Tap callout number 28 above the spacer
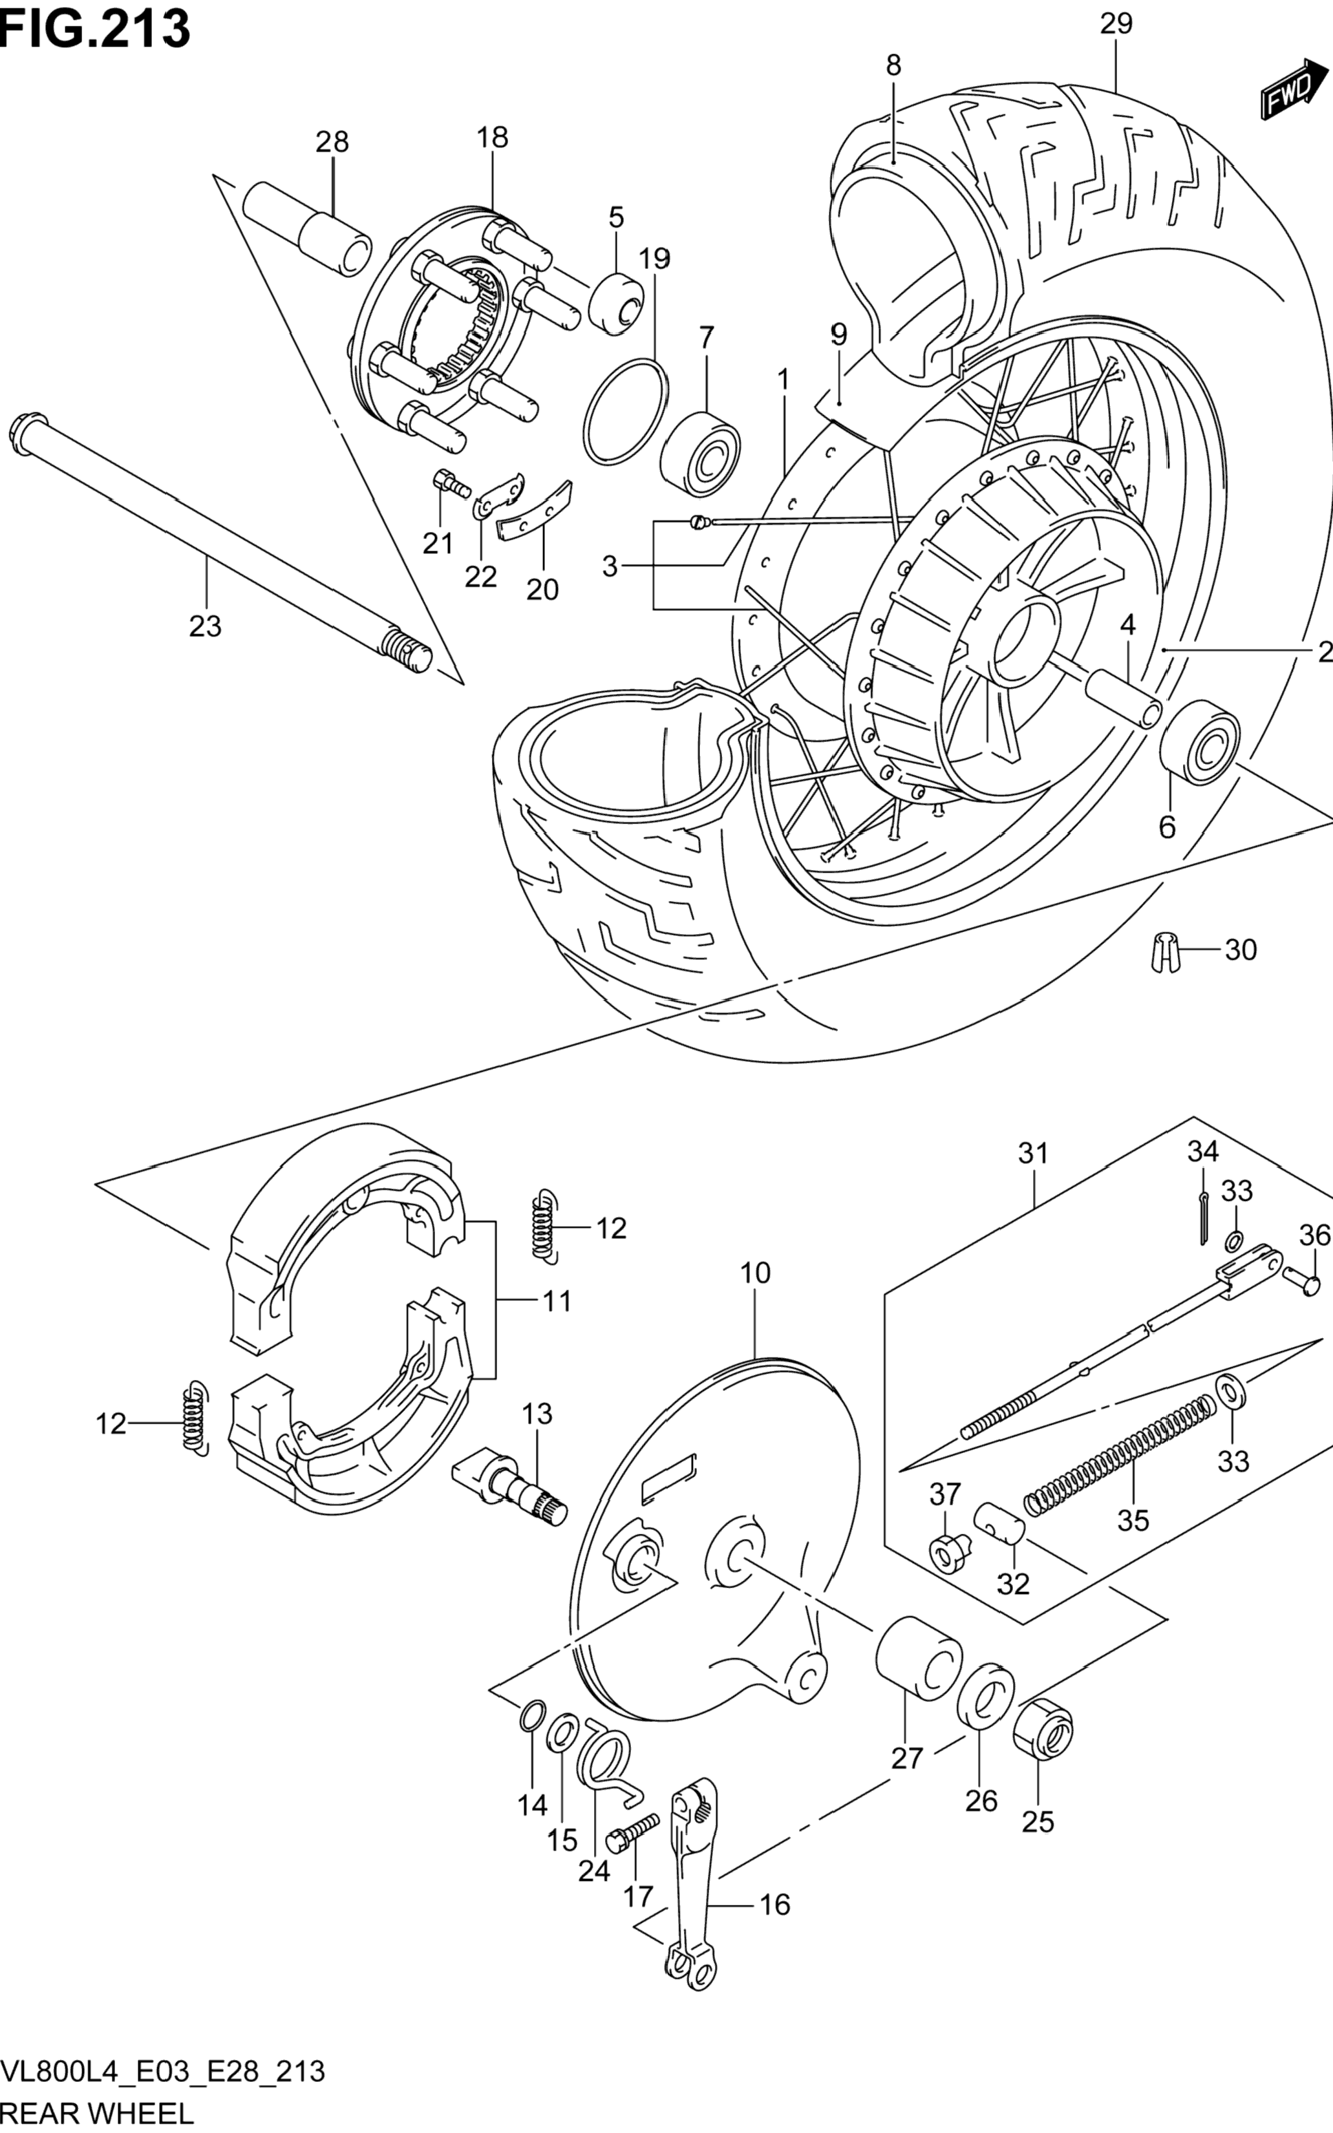coord(332,142)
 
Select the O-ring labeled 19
coord(626,410)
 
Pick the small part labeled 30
coord(1166,950)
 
